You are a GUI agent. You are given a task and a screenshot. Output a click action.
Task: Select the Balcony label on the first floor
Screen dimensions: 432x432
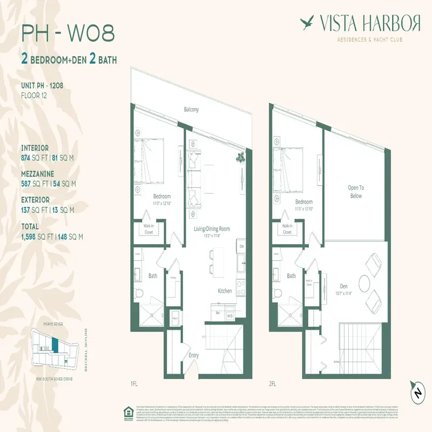click(x=191, y=110)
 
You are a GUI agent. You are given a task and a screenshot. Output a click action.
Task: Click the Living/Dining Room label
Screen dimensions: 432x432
click(x=212, y=229)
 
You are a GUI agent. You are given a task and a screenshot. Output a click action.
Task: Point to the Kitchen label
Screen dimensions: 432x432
click(x=225, y=291)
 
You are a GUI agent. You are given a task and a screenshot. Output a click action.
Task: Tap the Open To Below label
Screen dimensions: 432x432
click(x=355, y=192)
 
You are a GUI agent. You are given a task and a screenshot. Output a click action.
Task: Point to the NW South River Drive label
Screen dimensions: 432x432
click(x=54, y=379)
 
